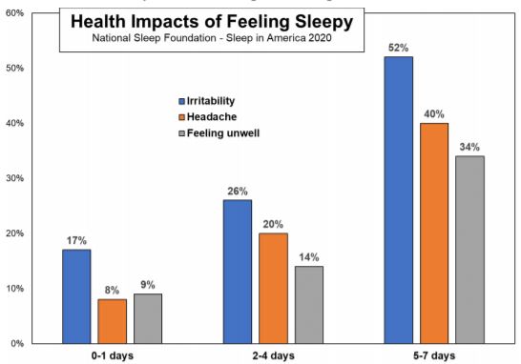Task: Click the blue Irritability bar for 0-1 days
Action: [x=76, y=295]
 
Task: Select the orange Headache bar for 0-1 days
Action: [x=112, y=320]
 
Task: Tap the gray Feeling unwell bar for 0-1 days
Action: [x=148, y=318]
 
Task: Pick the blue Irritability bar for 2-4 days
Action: [x=237, y=271]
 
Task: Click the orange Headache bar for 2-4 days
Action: [x=273, y=288]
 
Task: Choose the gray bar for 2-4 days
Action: [x=308, y=304]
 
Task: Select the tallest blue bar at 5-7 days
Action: [x=398, y=199]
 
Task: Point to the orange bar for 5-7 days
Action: [x=433, y=233]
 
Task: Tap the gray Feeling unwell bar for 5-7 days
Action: [x=469, y=249]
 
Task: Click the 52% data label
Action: [x=398, y=47]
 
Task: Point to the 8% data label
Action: [x=112, y=289]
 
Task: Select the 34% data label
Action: [x=469, y=146]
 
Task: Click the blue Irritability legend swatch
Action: [x=180, y=101]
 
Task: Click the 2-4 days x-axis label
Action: [x=273, y=354]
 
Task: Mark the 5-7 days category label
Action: [x=433, y=354]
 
